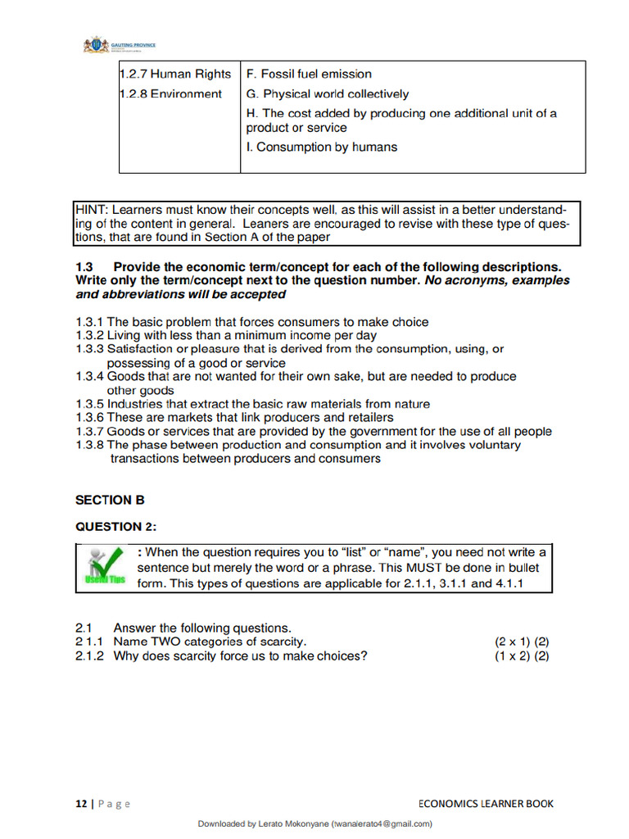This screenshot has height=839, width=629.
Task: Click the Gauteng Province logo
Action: [x=119, y=45]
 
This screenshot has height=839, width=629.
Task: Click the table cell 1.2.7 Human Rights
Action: [x=175, y=74]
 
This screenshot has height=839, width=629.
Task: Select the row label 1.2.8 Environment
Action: [x=170, y=94]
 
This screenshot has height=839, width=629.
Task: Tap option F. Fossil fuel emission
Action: [x=309, y=74]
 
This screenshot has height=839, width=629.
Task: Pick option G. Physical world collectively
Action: [x=327, y=94]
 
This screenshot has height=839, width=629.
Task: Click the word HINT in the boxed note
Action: [x=92, y=208]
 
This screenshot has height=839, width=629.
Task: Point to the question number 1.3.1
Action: [x=89, y=322]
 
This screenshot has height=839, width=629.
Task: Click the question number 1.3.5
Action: [x=89, y=404]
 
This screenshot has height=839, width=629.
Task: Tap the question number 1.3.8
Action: [x=89, y=445]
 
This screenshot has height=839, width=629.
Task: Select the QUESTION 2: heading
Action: [x=115, y=527]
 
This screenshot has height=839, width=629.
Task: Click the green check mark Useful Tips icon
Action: [x=106, y=567]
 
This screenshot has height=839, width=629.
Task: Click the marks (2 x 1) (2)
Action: [x=521, y=642]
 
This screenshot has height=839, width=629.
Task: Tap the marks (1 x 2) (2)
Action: [x=521, y=655]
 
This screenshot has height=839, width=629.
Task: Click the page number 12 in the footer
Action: [x=81, y=804]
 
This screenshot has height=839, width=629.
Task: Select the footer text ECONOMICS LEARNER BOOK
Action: [x=485, y=804]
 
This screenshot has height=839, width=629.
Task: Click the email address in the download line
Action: [x=382, y=824]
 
